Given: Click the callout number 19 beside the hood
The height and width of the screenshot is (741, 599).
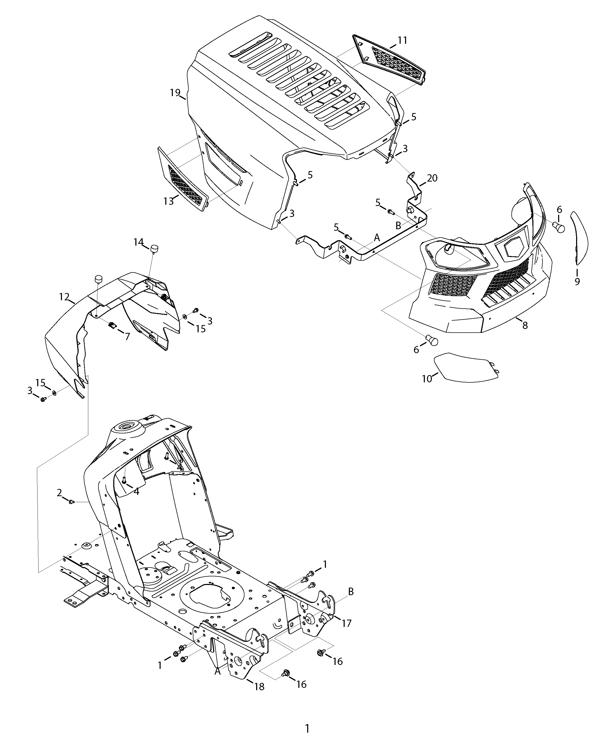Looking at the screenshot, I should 175,92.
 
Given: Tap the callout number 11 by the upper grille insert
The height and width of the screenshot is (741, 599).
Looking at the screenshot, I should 402,40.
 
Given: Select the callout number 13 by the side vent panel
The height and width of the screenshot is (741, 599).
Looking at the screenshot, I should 168,201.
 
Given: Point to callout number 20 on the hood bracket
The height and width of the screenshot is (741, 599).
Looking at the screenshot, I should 432,178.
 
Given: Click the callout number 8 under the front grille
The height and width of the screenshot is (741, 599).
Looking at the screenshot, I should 525,325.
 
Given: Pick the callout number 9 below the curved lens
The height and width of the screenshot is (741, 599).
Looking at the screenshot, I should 577,281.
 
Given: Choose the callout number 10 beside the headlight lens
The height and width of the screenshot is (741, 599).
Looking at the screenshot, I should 427,379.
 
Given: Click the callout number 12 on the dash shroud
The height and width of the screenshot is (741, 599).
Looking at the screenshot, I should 64,297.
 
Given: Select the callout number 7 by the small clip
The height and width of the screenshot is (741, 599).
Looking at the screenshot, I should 127,337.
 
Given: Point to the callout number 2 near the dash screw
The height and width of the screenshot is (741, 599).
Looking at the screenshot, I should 59,493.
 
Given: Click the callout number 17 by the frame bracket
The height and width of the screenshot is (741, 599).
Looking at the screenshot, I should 346,623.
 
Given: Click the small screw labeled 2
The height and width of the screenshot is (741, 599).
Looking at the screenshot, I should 71,502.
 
